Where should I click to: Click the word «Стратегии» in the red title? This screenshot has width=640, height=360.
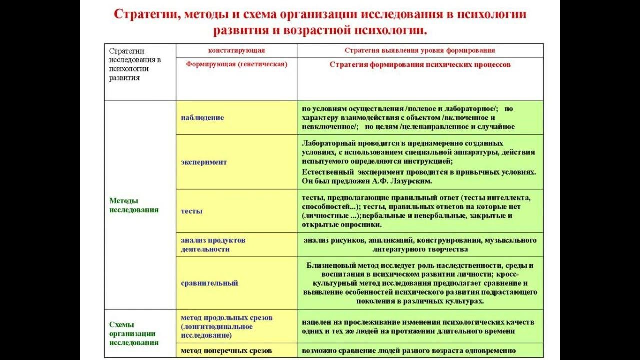click(x=145, y=14)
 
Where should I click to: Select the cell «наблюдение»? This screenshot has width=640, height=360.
click(x=202, y=118)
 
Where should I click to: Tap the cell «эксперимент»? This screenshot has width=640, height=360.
click(x=204, y=162)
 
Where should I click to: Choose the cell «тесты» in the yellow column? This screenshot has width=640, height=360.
click(x=192, y=211)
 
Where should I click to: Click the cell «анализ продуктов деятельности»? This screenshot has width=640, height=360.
click(x=213, y=245)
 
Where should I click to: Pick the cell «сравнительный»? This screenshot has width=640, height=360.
click(x=209, y=283)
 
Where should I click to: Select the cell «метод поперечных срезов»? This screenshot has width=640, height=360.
click(x=226, y=351)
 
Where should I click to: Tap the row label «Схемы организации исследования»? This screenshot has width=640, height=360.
click(x=134, y=333)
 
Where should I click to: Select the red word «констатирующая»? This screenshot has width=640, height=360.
click(x=236, y=50)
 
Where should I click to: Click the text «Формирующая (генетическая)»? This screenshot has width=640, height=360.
click(x=237, y=64)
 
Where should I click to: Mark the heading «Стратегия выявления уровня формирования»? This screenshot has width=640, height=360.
click(x=420, y=50)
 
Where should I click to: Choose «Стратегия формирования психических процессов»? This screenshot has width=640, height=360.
click(x=420, y=65)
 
